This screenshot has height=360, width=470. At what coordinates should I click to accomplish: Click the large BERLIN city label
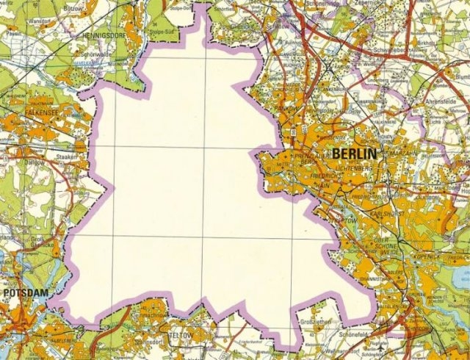coord(355,154)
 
